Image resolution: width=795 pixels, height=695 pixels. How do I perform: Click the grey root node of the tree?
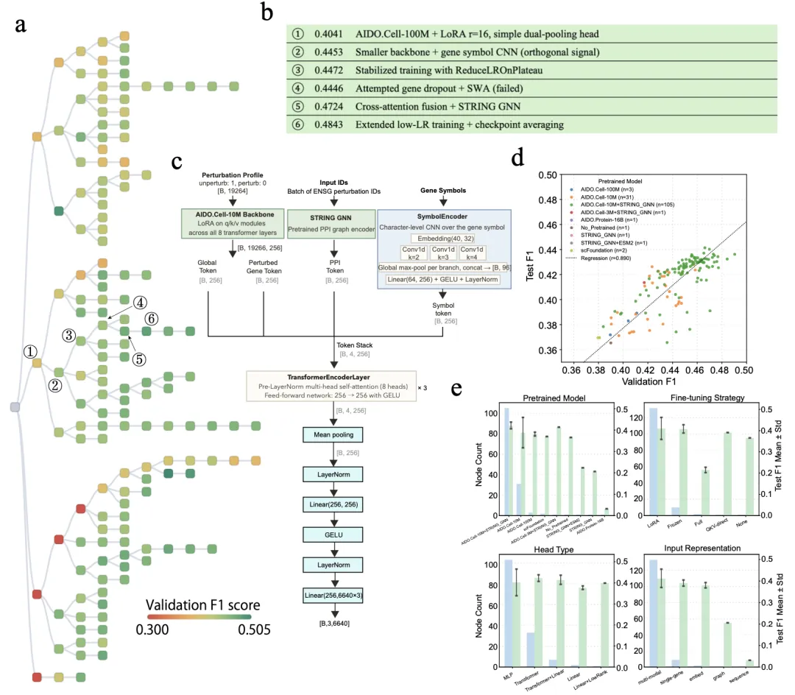[x=14, y=408]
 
